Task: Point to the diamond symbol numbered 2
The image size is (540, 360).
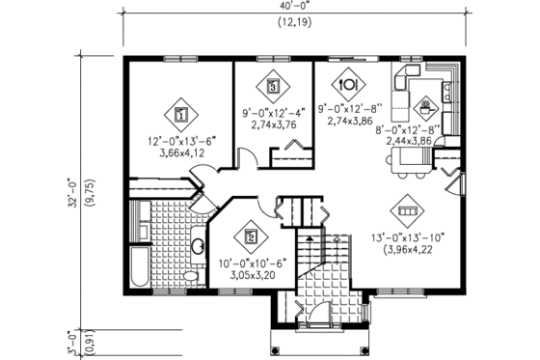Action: point(251,234)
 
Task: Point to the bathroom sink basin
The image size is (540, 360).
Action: point(197,248)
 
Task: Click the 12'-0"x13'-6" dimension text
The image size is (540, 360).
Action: point(180,140)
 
